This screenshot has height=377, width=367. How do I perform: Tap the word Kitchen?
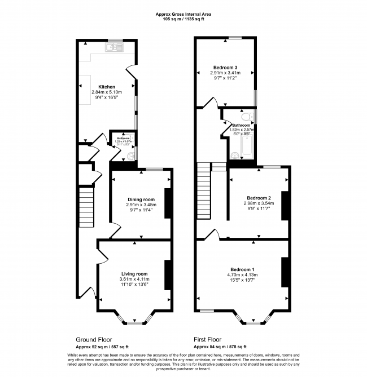tap(107, 87)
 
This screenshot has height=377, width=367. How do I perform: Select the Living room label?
tap(134, 274)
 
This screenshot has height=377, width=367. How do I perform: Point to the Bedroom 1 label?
tap(242, 269)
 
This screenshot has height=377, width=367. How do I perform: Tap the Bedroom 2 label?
tap(259, 198)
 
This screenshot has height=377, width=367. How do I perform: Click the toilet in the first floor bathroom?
tap(251, 117)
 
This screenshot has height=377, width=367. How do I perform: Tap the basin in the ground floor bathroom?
tap(130, 156)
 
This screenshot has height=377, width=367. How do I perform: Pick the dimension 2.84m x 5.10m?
tap(107, 92)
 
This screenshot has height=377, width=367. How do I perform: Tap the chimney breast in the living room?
tap(168, 276)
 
